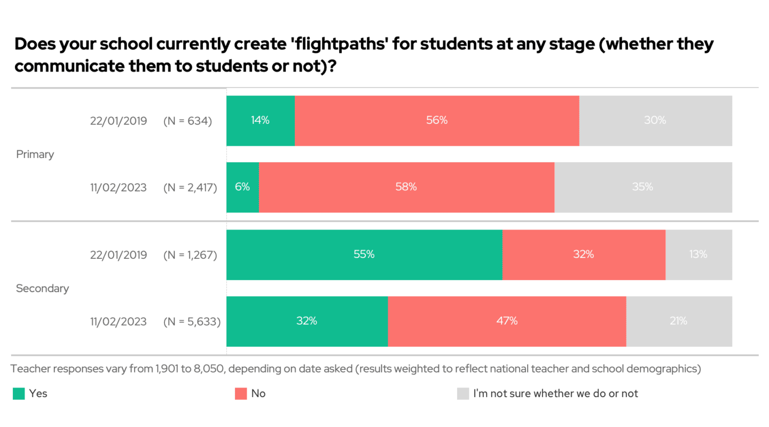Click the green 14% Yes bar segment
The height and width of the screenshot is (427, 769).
[x=261, y=121]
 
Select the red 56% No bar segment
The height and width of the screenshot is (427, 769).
[x=437, y=121]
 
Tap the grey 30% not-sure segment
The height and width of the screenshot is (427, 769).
[x=655, y=121]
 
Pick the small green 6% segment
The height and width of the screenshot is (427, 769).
[x=242, y=187]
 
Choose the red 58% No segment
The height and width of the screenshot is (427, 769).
[x=406, y=187]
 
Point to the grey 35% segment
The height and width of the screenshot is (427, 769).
[x=643, y=187]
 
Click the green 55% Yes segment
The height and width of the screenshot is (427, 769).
[x=364, y=255]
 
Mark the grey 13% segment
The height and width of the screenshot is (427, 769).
[x=699, y=255]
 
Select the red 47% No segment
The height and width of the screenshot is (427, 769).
[x=507, y=321]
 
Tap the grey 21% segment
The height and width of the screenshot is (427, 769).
[x=679, y=321]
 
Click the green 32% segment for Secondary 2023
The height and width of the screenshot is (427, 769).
[x=307, y=321]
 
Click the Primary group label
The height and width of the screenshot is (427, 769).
[x=35, y=154]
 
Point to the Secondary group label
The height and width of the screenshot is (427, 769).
[x=43, y=288]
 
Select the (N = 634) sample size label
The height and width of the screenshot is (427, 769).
[x=187, y=121]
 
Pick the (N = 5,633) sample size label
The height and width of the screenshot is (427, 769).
[x=192, y=321]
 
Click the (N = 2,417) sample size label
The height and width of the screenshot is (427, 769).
[x=190, y=188]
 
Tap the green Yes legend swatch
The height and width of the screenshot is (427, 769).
[x=19, y=394]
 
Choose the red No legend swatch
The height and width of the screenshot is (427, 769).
[x=241, y=394]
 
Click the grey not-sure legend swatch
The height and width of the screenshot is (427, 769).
[x=462, y=394]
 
